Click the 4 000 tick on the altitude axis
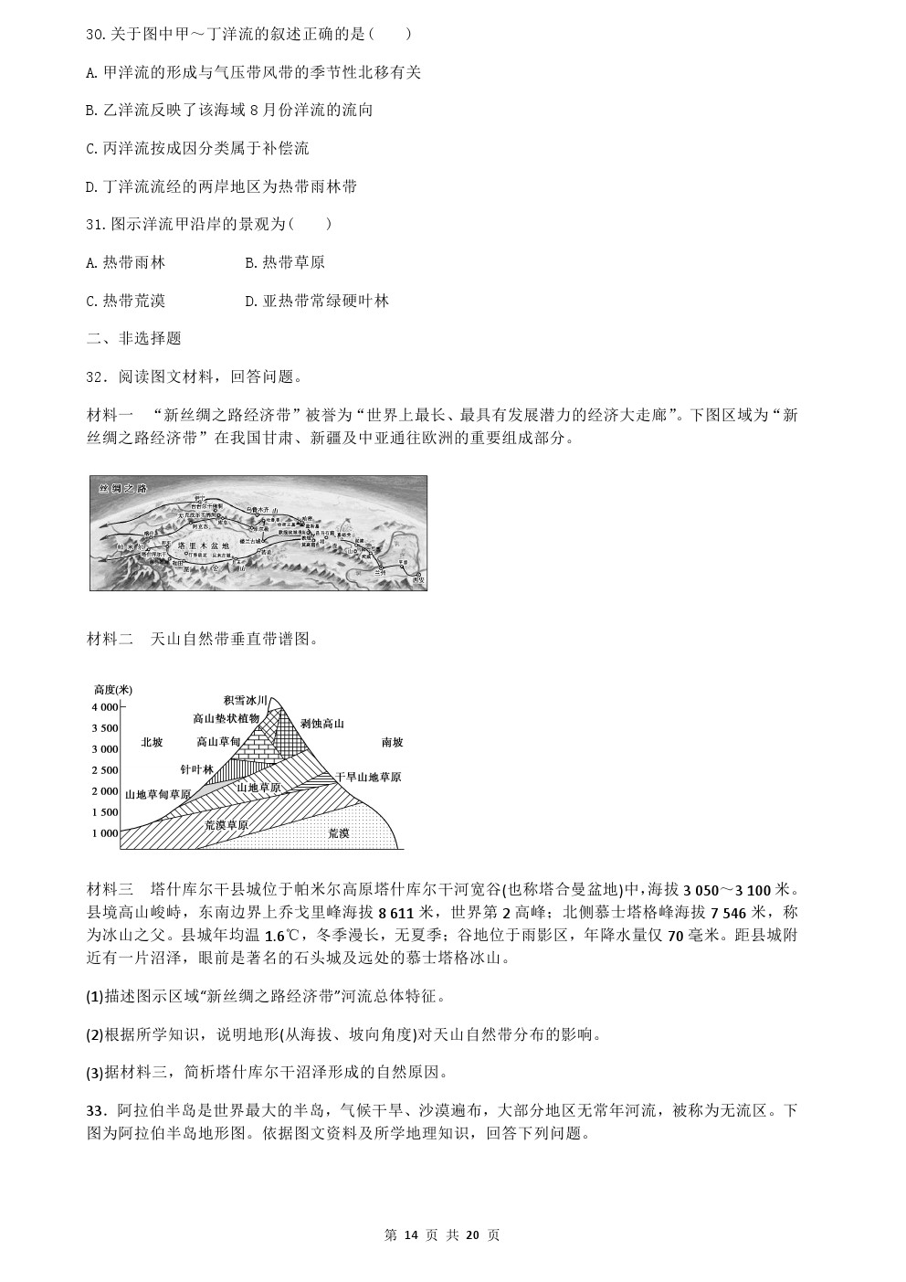pos(104,707)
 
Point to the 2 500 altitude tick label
pos(104,770)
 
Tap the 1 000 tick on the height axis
pos(104,833)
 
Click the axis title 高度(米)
pos(112,689)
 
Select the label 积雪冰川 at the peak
pos(245,700)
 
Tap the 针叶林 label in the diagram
pos(196,770)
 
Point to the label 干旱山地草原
pos(368,777)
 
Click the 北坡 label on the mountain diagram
pos(152,742)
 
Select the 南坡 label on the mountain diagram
pos(392,742)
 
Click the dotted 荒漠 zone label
pos(338,832)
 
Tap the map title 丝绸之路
pos(121,488)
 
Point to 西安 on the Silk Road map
pos(417,578)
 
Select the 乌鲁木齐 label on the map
pos(260,508)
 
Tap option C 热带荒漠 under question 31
pos(125,301)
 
